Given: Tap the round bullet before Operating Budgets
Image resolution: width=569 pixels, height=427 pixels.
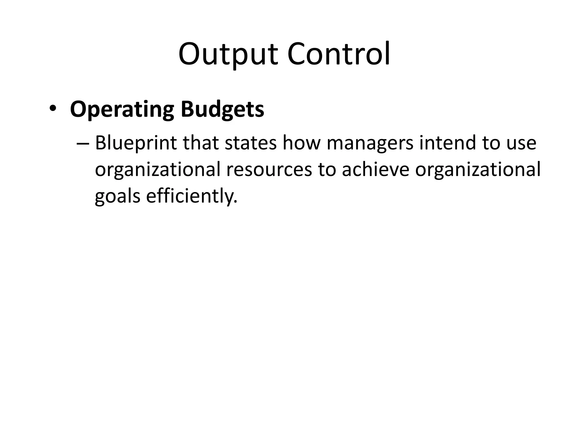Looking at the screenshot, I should point(52,109).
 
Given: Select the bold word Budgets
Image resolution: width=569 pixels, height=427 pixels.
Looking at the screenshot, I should point(222,110).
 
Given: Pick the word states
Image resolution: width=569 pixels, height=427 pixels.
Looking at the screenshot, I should point(250,143).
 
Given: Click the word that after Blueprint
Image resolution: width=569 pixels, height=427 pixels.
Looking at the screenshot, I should point(201,143).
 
